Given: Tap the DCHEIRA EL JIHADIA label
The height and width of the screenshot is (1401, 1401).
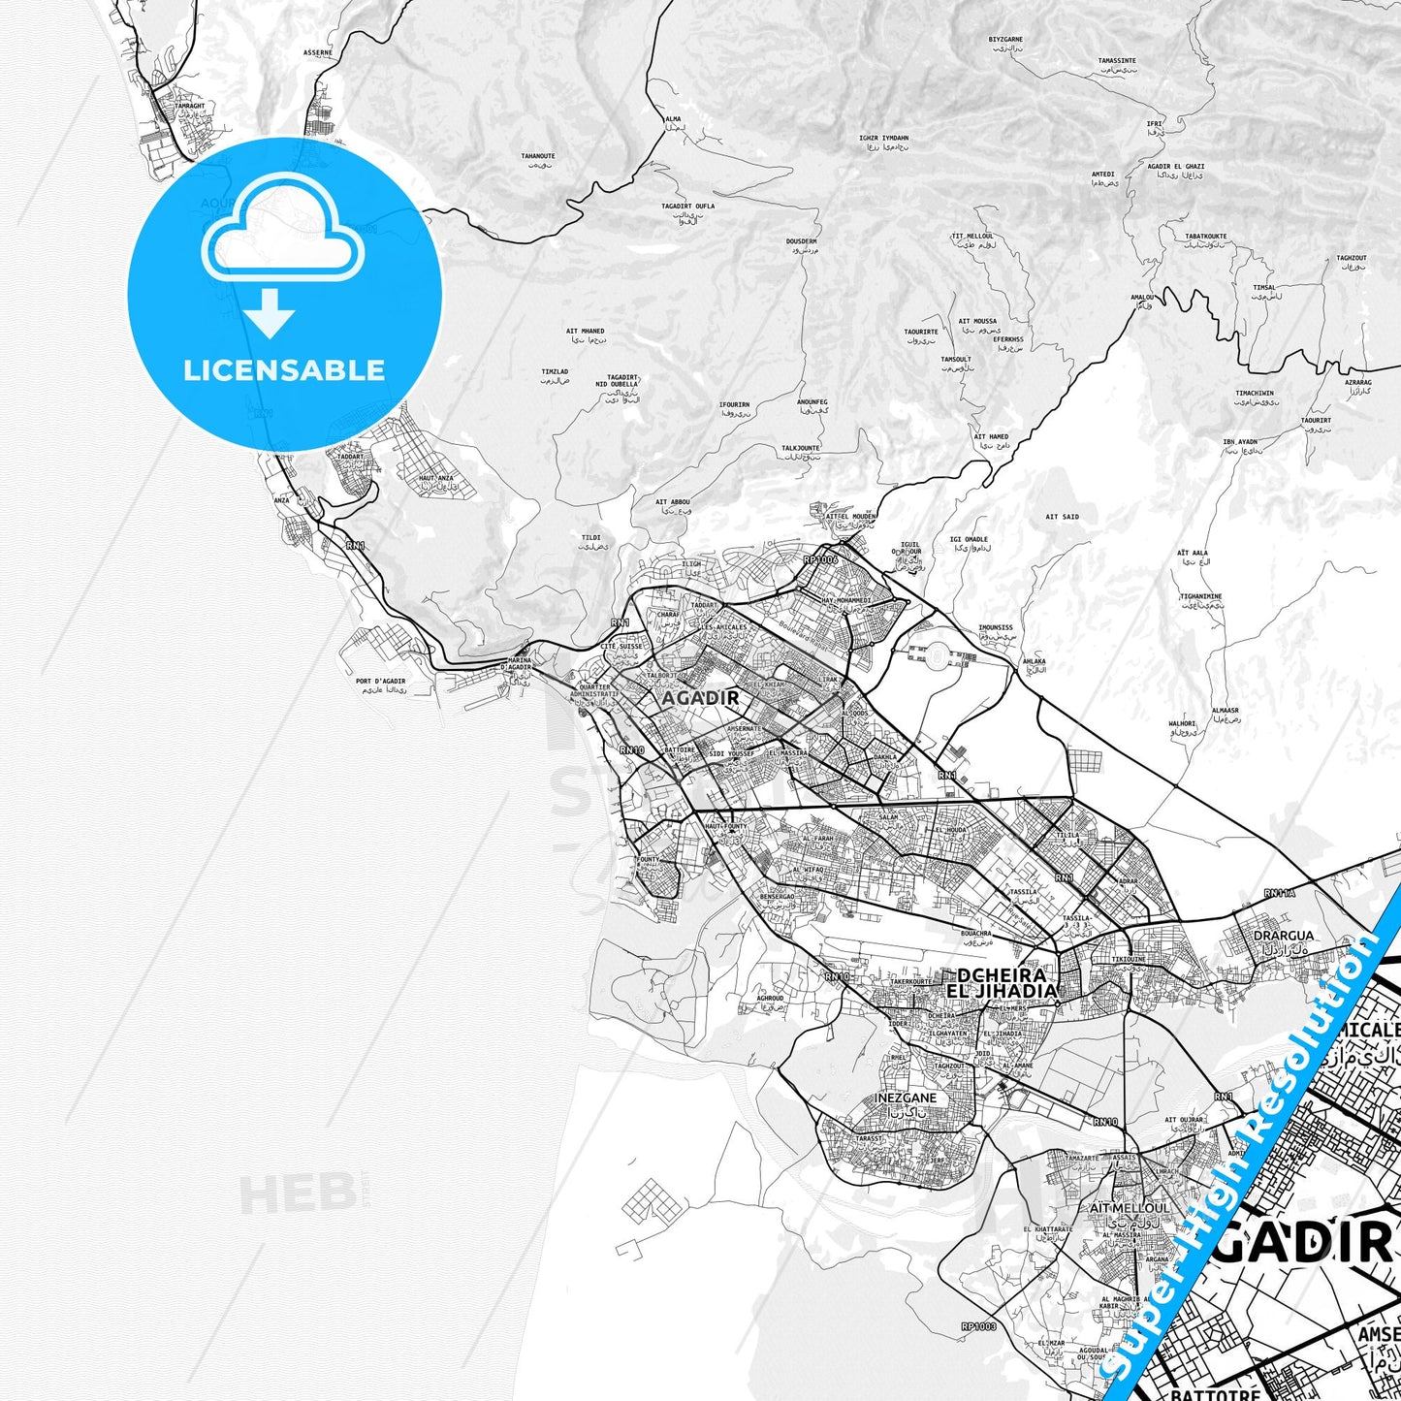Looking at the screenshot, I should pos(1002,983).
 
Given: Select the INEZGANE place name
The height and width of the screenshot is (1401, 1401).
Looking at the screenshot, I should pos(907,1098).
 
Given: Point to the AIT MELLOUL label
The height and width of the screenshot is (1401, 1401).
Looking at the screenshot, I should pos(1130,1208).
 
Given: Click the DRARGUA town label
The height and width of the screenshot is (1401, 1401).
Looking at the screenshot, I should pos(1284,936).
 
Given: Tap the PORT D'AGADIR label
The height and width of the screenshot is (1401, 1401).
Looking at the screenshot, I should pos(380,681).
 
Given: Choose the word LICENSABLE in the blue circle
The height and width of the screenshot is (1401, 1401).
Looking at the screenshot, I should pos(284,369).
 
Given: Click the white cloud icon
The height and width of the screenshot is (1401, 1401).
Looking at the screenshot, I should pos(282,233).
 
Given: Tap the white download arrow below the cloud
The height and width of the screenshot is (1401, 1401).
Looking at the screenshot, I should pos(270,312).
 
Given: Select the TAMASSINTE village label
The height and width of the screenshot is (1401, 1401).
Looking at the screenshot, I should pos(1117,60).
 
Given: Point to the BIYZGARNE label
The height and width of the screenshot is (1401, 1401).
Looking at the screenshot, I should pos(1005,40).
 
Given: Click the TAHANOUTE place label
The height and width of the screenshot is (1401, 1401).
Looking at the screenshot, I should pos(538,155).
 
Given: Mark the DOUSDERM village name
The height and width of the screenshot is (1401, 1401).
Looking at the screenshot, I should pos(801,241).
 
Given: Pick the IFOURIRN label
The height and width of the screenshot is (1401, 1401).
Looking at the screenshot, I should pos(734,403).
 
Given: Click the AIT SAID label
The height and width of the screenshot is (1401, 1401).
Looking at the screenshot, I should pos(1062,517).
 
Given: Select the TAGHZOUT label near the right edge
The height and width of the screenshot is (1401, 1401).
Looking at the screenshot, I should pos(1351,258).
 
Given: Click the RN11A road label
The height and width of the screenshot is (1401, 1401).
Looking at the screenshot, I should pos(1279,892).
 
